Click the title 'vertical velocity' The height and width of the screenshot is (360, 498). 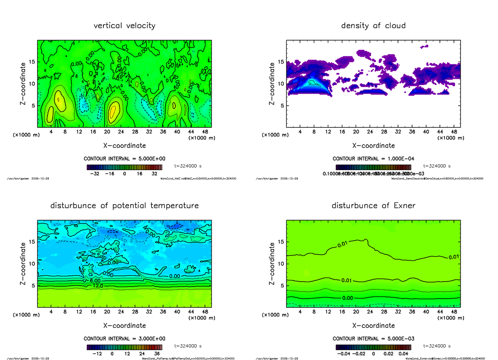click(x=124, y=26)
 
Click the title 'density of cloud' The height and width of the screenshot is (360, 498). click(x=373, y=26)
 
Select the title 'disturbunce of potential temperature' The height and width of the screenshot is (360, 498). click(x=124, y=206)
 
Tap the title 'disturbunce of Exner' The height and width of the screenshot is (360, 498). click(x=373, y=206)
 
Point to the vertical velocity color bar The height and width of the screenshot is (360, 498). click(x=124, y=167)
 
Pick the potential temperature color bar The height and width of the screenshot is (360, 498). click(x=124, y=347)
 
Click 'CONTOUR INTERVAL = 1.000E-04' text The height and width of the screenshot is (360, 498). click(x=373, y=159)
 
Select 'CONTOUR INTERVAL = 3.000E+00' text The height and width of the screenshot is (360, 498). click(x=124, y=338)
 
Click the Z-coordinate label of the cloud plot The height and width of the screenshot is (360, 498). click(x=272, y=83)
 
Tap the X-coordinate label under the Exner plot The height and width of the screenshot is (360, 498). click(x=373, y=326)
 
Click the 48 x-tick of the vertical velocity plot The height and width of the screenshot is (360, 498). click(x=205, y=131)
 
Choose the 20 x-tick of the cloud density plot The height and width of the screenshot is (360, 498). click(x=356, y=131)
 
